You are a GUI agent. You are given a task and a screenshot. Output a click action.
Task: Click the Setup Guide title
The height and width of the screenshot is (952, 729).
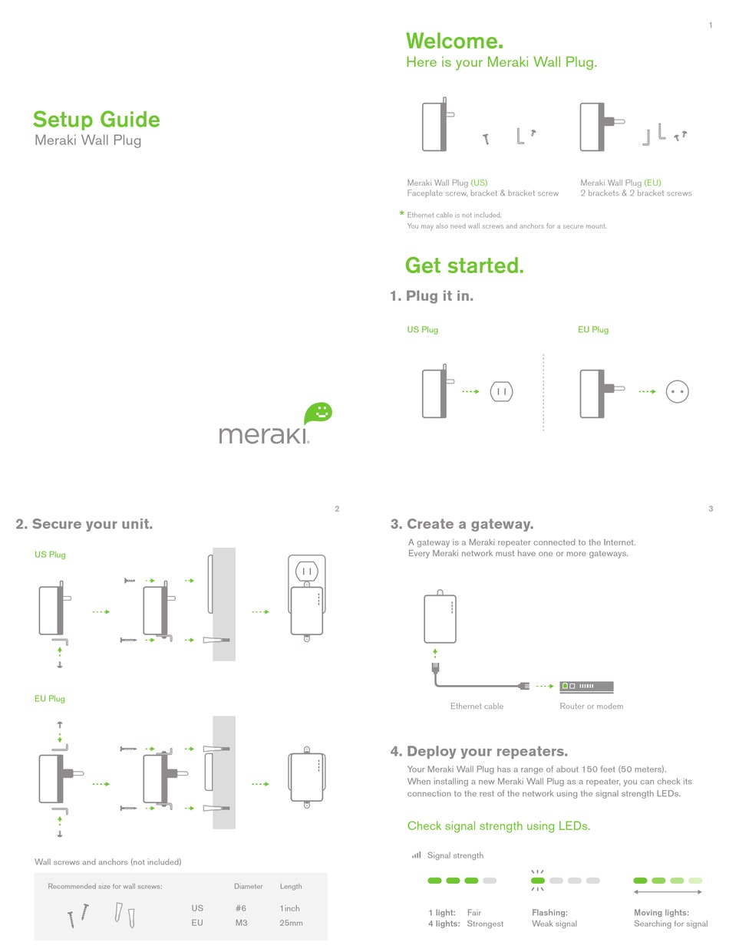pos(96,120)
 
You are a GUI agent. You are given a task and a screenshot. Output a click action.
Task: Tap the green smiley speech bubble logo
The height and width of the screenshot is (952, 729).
pos(318,413)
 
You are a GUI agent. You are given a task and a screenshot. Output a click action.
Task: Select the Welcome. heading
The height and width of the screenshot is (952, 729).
pos(454,41)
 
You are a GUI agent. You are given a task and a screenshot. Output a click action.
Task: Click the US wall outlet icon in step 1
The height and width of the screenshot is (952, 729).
pos(501,391)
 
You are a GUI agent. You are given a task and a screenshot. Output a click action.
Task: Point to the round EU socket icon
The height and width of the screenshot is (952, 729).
pos(677,391)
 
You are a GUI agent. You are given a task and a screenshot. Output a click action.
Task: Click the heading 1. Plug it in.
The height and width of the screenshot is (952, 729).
pos(431,296)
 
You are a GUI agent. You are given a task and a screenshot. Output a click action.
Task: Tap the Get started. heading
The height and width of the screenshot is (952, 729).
pos(464,265)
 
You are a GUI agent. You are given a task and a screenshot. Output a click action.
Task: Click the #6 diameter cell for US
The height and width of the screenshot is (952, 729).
pos(241,908)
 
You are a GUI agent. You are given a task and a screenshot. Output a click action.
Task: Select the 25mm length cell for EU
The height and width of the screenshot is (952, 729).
pos(291,923)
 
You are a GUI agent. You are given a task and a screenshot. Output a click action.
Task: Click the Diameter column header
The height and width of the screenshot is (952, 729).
pos(248,886)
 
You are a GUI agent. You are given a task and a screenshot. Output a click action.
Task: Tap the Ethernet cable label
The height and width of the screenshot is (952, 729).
pos(477,707)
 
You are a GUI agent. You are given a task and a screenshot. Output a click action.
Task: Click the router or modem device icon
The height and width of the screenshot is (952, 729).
pos(586,686)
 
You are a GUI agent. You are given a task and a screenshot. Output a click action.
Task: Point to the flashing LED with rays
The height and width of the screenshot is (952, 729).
pos(537,881)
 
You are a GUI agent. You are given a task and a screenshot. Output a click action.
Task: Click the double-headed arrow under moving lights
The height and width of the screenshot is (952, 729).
pos(667,892)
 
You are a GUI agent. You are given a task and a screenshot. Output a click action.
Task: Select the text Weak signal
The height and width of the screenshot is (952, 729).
pos(554,924)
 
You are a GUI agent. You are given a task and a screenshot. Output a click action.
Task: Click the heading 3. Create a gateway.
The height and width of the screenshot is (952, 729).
pos(461,524)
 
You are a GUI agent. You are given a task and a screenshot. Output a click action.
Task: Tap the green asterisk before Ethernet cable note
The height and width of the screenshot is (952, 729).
pos(401,215)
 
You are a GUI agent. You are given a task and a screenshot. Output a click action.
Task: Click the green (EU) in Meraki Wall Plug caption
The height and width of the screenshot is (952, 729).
pos(652,183)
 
